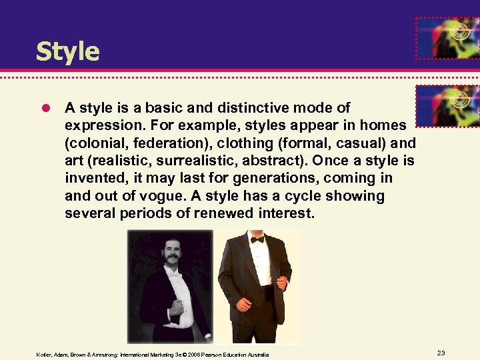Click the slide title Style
point(67,51)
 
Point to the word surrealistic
point(215,161)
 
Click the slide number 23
point(441,353)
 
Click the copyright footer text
point(153,355)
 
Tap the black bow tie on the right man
point(257,239)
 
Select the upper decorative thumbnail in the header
point(447,39)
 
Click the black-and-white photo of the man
point(171,286)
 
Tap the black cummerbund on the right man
point(265,293)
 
